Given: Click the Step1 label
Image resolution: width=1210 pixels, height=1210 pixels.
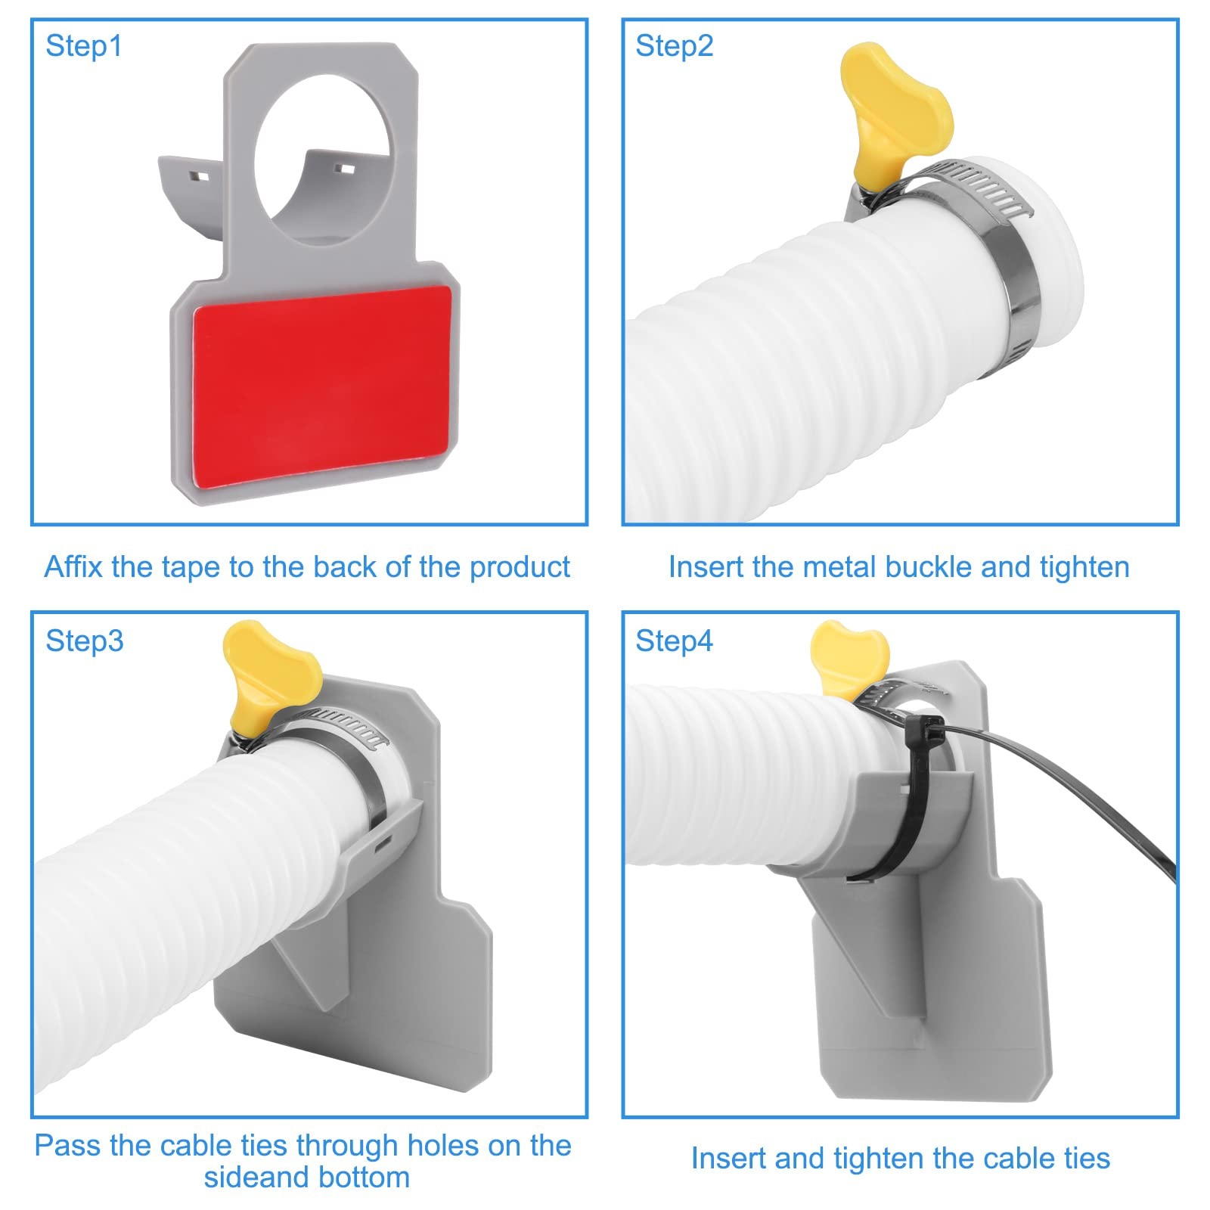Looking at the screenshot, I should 83,46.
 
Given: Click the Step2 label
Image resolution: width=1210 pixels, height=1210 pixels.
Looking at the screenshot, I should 674,46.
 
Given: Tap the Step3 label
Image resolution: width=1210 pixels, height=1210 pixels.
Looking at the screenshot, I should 84,641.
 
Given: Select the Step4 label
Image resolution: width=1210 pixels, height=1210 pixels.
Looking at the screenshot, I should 674,641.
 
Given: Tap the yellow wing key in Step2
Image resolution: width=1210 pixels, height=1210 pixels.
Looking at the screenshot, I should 892,113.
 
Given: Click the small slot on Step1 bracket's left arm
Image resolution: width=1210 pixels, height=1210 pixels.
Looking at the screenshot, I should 200,177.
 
